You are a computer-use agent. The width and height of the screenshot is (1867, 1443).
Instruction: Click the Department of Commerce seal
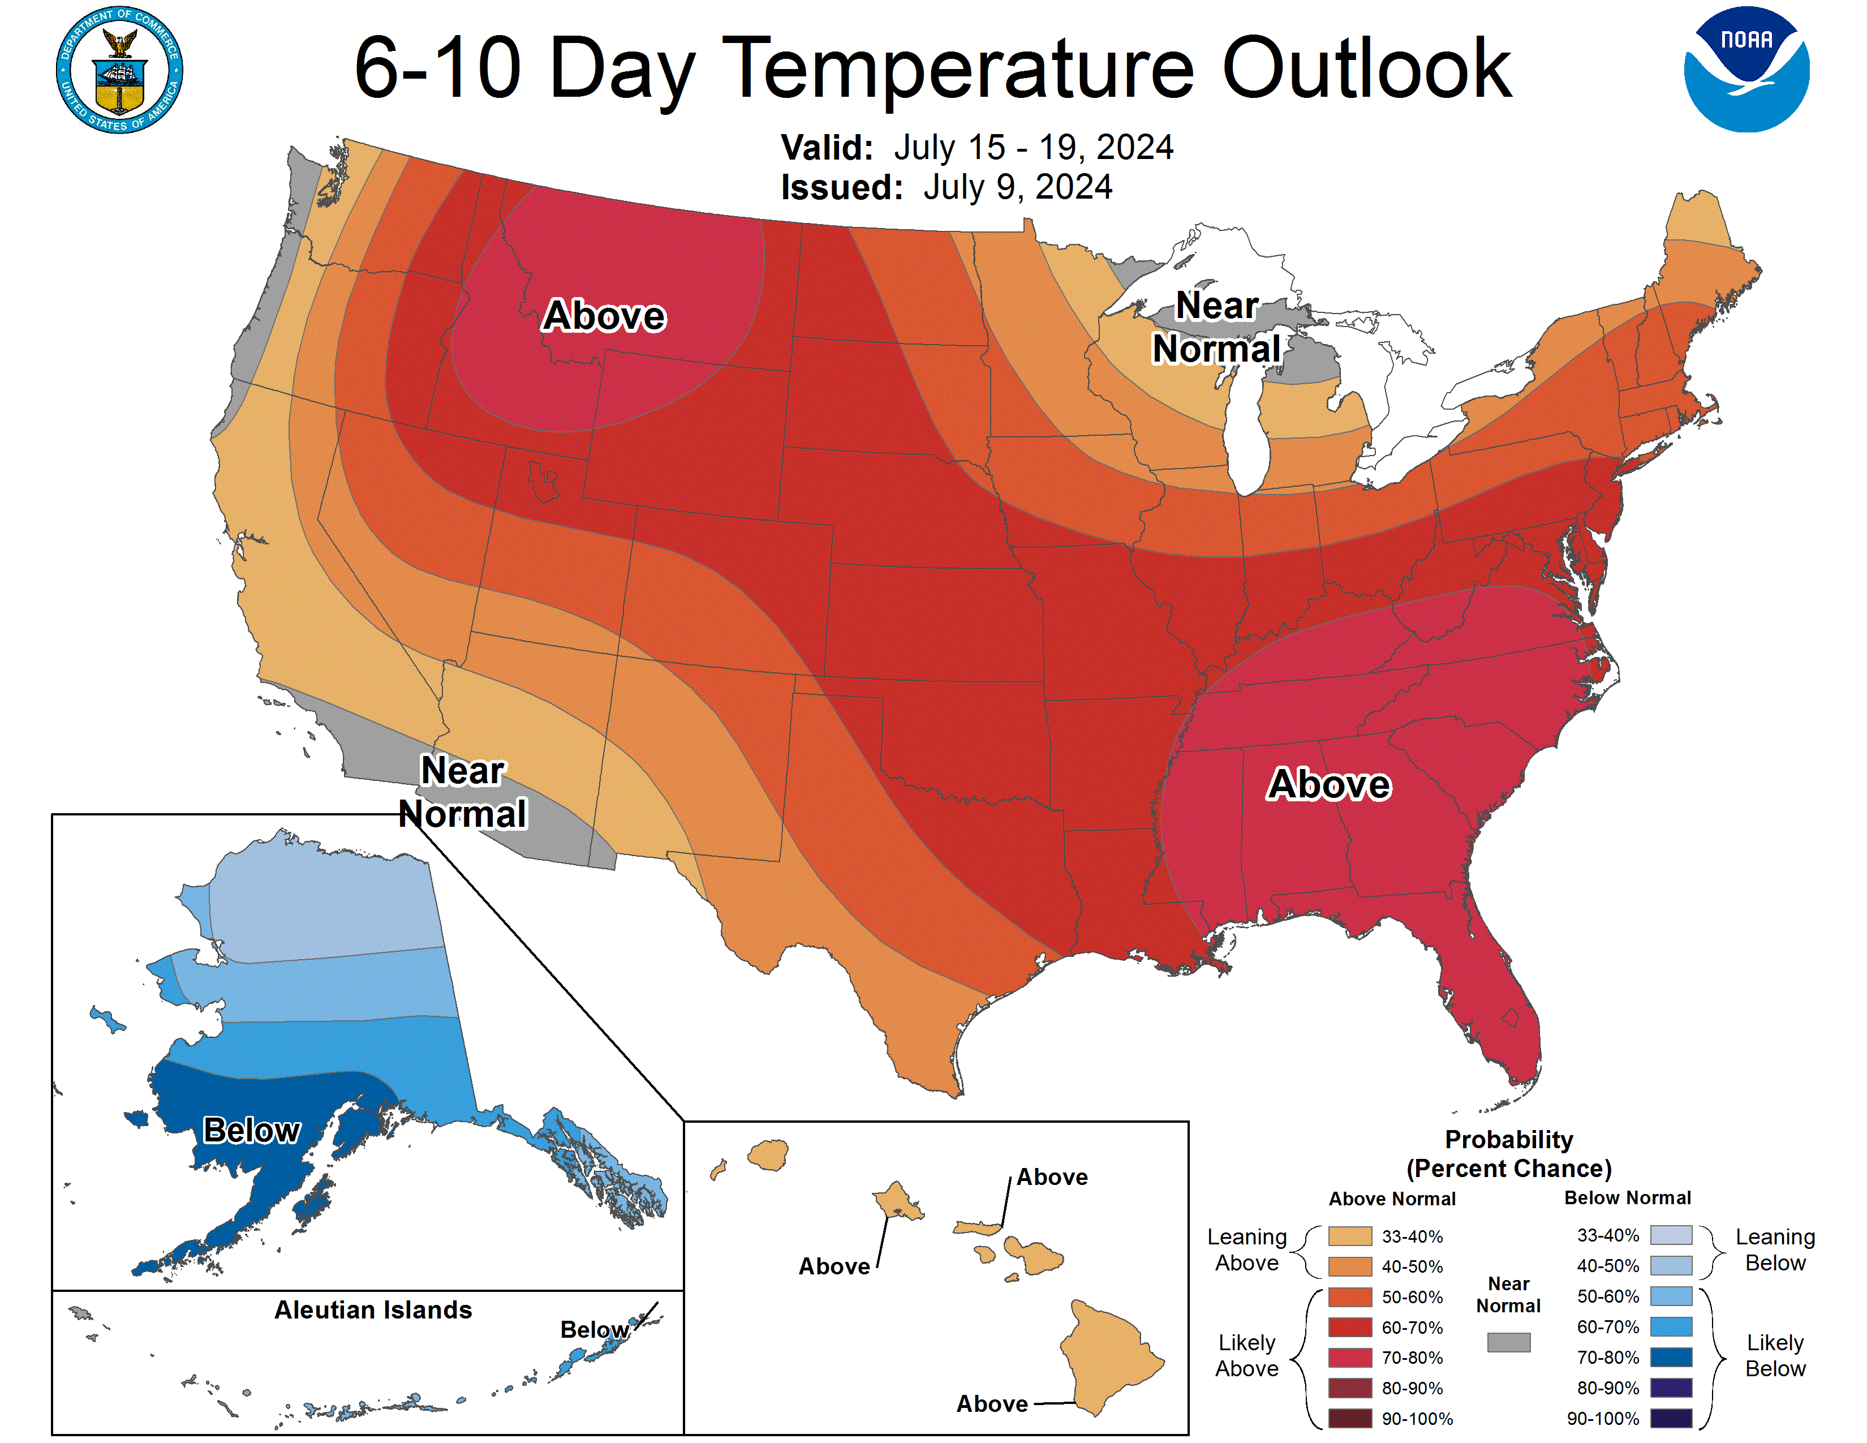click(x=120, y=70)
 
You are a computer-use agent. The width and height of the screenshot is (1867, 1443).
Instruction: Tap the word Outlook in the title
click(x=1366, y=68)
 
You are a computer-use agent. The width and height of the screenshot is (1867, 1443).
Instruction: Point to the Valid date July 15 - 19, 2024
click(x=1033, y=147)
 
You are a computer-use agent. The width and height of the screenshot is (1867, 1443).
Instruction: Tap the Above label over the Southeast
click(x=1330, y=784)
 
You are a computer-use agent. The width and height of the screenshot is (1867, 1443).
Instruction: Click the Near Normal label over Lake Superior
click(x=1216, y=328)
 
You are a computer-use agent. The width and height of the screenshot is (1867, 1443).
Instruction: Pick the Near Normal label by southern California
click(x=462, y=792)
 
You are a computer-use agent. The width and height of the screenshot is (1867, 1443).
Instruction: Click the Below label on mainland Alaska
click(x=251, y=1130)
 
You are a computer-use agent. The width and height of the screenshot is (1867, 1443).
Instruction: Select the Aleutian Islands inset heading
click(x=373, y=1309)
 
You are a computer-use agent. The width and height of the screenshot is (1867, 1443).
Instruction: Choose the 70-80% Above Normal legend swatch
click(x=1350, y=1358)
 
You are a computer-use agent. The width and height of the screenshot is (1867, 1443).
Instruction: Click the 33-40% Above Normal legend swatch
click(x=1350, y=1236)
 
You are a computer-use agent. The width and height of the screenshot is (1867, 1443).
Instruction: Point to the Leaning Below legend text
click(x=1775, y=1250)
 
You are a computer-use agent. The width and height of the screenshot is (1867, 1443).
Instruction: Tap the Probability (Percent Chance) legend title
click(x=1509, y=1153)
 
